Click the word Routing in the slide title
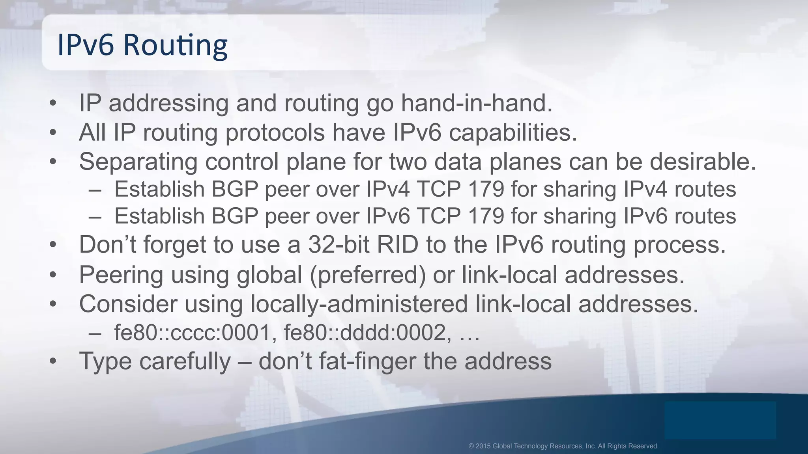(176, 45)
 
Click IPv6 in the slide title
(86, 45)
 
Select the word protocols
(275, 132)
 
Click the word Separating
(138, 162)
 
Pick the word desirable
(703, 162)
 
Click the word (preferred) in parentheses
(368, 275)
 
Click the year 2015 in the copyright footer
(483, 446)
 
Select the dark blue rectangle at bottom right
(720, 420)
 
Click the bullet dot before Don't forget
(53, 245)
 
